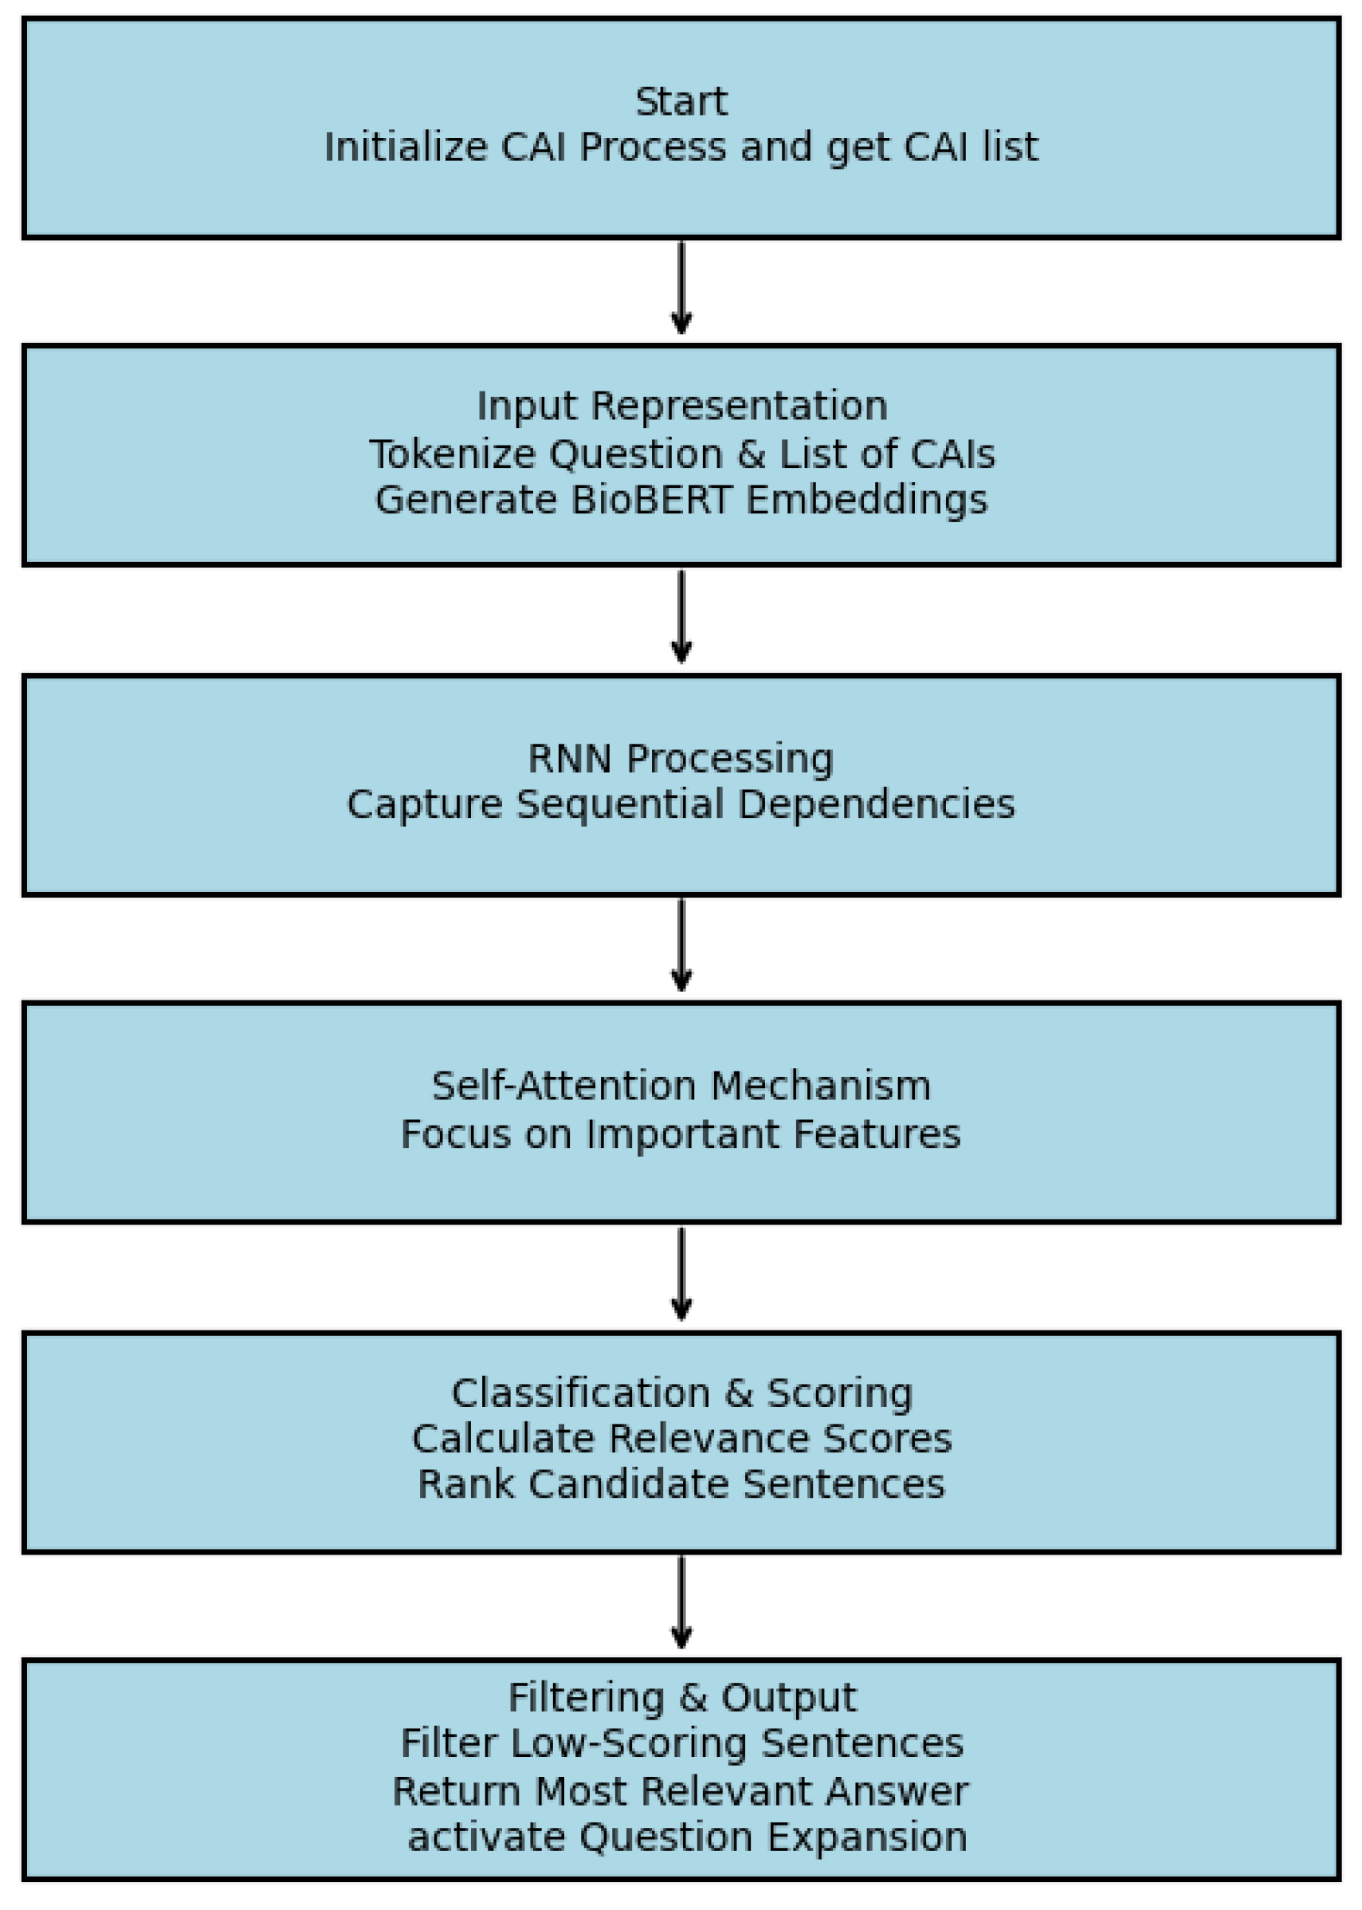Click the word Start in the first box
pos(680,101)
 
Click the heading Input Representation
pos(681,407)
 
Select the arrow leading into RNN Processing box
pos(681,617)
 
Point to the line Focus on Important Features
pos(680,1134)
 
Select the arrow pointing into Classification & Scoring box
pos(681,1274)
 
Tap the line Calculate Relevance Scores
pos(681,1439)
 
